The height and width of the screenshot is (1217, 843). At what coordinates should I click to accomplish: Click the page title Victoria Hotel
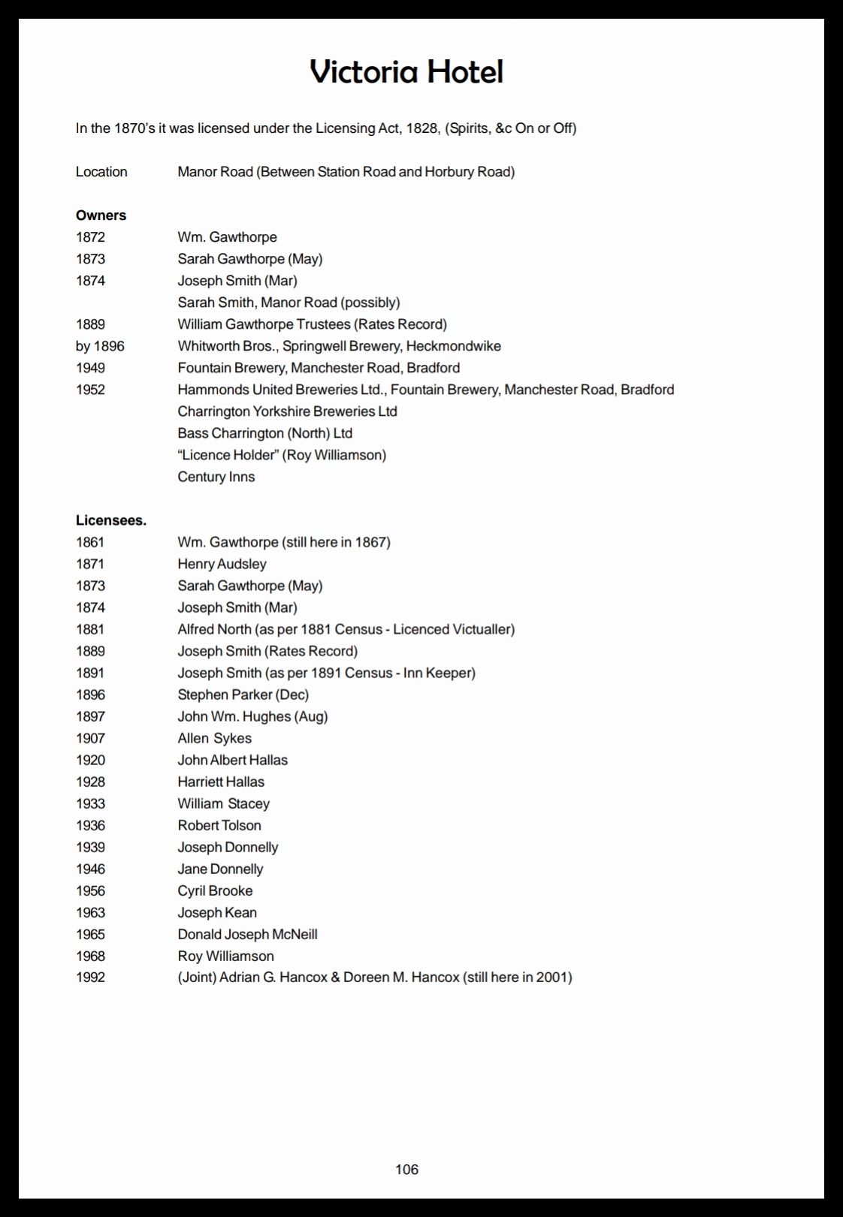coord(406,72)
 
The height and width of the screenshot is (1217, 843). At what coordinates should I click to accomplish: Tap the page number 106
coord(406,1169)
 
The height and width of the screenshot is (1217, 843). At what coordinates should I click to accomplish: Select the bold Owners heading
coord(101,215)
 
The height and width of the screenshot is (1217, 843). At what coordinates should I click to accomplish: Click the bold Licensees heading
coord(111,520)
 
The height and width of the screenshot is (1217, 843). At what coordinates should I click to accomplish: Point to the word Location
coord(101,172)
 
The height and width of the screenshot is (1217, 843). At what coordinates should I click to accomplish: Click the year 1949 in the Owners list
coord(90,368)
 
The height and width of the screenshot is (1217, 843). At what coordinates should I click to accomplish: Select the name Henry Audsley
coord(222,564)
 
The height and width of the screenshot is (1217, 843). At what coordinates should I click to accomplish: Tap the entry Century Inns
coord(216,477)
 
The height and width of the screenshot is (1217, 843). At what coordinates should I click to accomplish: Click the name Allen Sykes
coord(214,738)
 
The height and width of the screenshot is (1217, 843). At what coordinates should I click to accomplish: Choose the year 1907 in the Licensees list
coord(90,738)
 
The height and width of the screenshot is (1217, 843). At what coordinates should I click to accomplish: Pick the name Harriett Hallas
coord(221,782)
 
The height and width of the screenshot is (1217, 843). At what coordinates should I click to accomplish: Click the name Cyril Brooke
coord(215,890)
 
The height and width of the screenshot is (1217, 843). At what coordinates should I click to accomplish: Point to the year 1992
coord(90,977)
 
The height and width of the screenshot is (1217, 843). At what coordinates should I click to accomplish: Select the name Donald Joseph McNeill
coord(247,934)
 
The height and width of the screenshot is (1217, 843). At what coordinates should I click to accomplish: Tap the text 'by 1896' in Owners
coord(100,346)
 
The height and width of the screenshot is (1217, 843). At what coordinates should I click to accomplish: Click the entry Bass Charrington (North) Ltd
coord(264,433)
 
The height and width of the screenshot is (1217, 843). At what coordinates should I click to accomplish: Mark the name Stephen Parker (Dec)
coord(243,694)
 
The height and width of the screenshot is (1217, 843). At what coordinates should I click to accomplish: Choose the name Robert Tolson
coord(219,825)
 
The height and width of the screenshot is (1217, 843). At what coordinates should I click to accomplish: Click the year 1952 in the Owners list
coord(90,390)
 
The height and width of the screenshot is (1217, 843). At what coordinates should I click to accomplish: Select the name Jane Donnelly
coord(220,869)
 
